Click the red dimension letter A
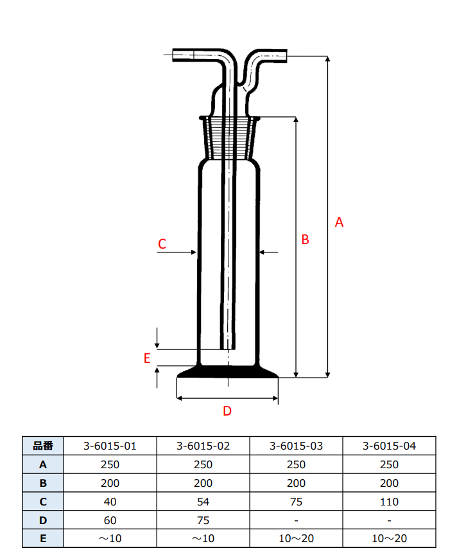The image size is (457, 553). pyautogui.click(x=339, y=222)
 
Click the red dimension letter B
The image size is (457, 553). pyautogui.click(x=305, y=240)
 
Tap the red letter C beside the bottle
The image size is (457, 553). pyautogui.click(x=162, y=244)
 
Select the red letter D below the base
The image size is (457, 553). pyautogui.click(x=227, y=411)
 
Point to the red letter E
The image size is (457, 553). pyautogui.click(x=147, y=358)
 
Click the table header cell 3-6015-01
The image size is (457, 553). pyautogui.click(x=110, y=446)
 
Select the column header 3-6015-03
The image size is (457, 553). pyautogui.click(x=296, y=446)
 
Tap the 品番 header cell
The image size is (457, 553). pyautogui.click(x=43, y=446)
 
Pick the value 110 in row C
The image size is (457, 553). pyautogui.click(x=389, y=502)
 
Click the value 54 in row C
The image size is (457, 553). pyautogui.click(x=203, y=502)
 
